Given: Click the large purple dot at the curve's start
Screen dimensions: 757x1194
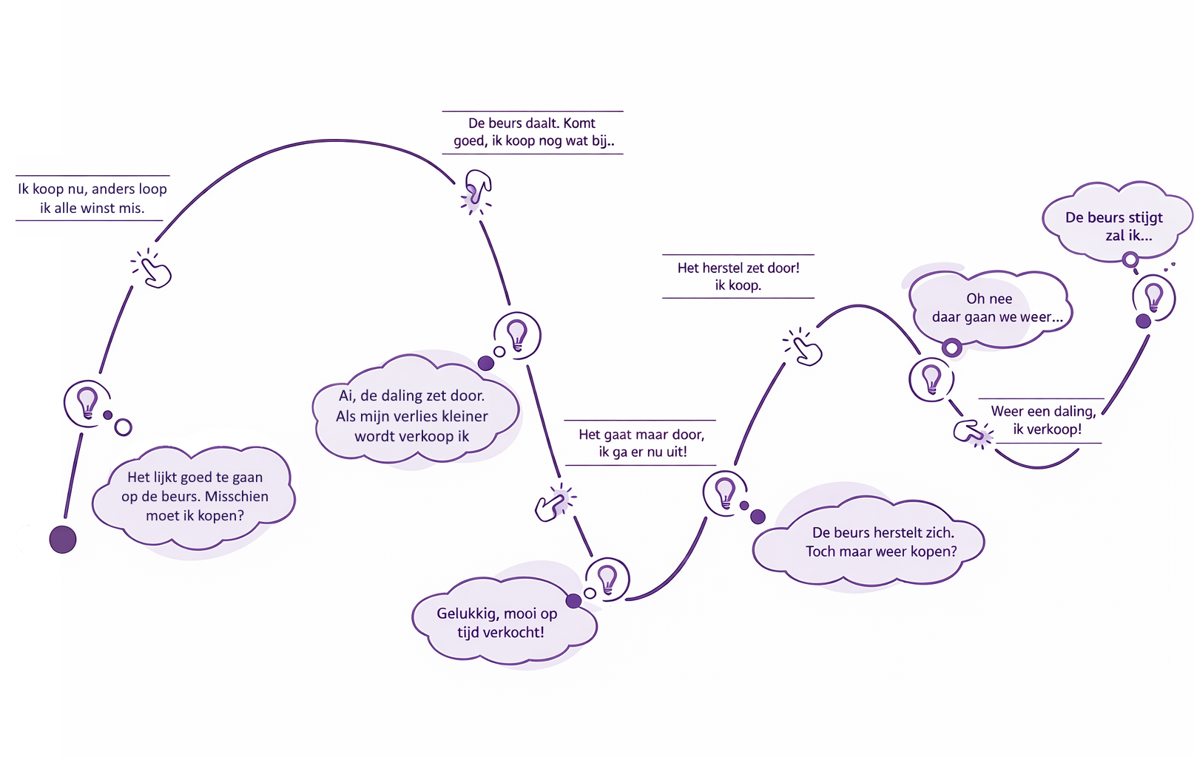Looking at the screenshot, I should point(63,540).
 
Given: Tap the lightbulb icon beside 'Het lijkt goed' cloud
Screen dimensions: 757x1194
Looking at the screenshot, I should point(87,403).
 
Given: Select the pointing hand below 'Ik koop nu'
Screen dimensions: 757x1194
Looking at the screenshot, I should point(155,271).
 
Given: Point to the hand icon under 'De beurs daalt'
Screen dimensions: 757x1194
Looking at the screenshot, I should point(477,189).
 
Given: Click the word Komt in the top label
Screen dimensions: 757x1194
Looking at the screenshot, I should point(579,123).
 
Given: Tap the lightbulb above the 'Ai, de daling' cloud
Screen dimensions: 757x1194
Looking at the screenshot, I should point(517,335).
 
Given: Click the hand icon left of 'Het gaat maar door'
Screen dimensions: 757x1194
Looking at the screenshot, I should point(553,505).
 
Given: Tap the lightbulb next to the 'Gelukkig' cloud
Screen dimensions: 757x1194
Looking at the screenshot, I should point(607,579).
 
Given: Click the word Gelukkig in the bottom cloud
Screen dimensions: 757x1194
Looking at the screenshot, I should point(466,614).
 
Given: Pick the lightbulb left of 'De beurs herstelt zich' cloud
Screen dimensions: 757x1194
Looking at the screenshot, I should point(725,492).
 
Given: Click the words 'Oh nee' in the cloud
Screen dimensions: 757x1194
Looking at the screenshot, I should point(989,299).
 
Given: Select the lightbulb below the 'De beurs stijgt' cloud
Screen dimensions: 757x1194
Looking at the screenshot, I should point(1153,297).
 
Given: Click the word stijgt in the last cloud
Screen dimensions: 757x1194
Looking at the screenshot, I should point(1144,218).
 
